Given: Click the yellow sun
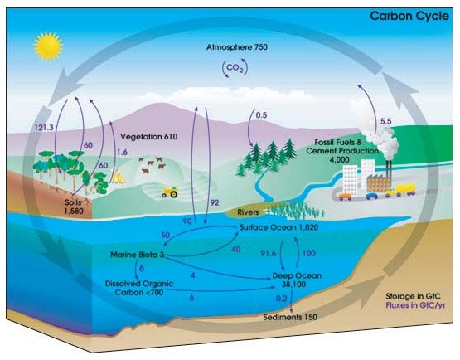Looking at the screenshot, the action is pos(48,46).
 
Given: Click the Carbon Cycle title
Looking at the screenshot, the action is pos(409,16).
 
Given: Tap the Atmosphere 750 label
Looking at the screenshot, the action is pos(237,47).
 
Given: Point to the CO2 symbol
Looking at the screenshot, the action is pos(235,68).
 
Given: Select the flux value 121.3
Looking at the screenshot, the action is pos(44,128).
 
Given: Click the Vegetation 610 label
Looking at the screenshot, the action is pos(149,137).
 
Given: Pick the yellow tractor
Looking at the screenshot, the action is pos(170,192).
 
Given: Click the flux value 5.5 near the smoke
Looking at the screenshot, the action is pos(385,121).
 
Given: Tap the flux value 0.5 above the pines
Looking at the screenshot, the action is pos(261,115).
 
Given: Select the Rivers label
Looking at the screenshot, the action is pos(248,212).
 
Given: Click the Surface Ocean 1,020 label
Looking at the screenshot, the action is pos(278,227).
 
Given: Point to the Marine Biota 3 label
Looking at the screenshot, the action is pos(137,255).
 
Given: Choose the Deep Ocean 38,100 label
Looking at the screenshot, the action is pos(297,280).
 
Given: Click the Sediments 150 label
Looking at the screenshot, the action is pos(290,317).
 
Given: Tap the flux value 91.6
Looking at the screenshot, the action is pos(269,253).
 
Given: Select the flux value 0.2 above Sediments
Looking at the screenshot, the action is pos(281,299).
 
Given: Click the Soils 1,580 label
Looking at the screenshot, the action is pos(74,207).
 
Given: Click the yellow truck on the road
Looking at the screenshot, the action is pos(401,190).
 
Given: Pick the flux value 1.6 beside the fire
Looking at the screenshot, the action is pos(122,152).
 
